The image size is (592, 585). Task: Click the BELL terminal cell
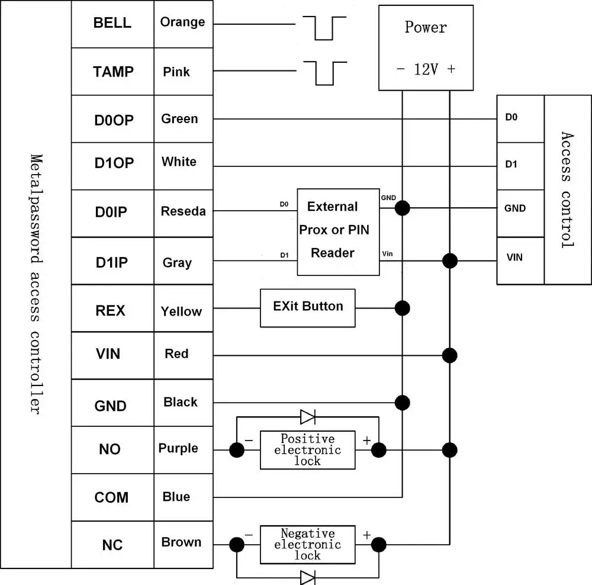tap(112, 24)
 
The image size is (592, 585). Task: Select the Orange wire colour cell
tap(184, 24)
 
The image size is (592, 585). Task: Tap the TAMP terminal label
tap(113, 72)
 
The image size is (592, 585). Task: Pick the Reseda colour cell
tap(184, 213)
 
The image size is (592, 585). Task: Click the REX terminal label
tap(110, 310)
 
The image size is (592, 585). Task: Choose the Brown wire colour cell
tap(184, 545)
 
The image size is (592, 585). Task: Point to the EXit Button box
tap(308, 308)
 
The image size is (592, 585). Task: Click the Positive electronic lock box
tap(308, 450)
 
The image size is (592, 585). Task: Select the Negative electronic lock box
tap(308, 545)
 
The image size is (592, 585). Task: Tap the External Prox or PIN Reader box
tap(338, 232)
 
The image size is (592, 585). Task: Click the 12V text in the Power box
tap(426, 69)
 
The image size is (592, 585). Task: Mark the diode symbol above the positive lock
tap(308, 417)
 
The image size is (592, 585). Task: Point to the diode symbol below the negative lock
tap(308, 578)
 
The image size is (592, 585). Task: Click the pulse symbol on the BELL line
tap(324, 28)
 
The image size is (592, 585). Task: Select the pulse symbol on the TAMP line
tap(325, 73)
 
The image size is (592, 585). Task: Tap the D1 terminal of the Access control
tap(520, 166)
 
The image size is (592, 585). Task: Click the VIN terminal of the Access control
tap(520, 261)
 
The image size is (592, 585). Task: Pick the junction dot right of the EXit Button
tap(403, 308)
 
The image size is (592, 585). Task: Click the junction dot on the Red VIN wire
tap(450, 355)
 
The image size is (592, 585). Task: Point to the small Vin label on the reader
tap(387, 254)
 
